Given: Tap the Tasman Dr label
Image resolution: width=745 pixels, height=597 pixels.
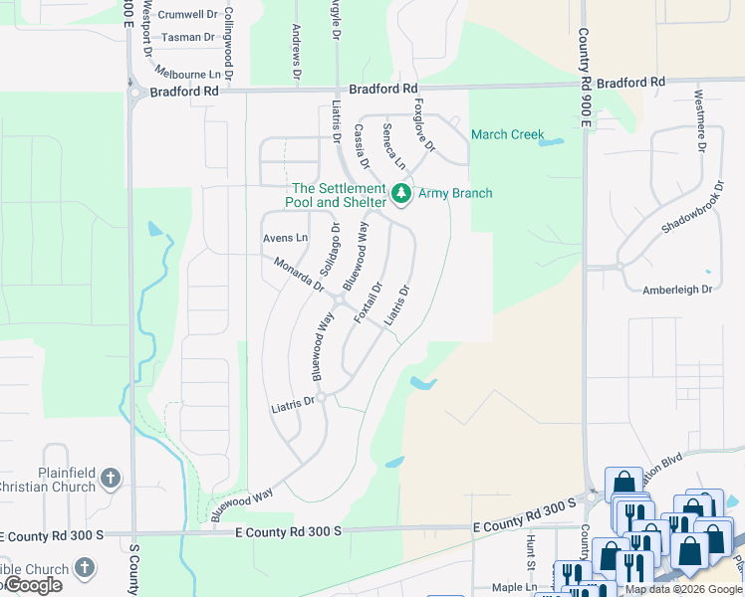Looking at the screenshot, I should click(x=187, y=37).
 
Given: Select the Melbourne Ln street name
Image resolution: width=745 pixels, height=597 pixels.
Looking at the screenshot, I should click(x=187, y=74).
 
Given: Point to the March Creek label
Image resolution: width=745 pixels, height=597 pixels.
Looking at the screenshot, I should click(x=507, y=134).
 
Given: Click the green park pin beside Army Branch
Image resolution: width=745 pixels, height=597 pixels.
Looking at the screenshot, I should click(x=401, y=193).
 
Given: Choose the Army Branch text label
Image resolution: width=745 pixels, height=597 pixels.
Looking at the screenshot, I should click(x=455, y=193).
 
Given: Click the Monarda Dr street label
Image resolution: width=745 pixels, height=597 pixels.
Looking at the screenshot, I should click(x=300, y=274).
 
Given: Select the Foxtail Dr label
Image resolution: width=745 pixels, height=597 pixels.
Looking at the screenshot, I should click(x=369, y=302).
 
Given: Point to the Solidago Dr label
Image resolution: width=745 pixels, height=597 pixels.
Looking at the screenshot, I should click(x=329, y=250).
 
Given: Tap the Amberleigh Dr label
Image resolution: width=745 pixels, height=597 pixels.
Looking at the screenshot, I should click(x=677, y=289).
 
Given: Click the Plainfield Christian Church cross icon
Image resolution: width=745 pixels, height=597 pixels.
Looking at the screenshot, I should click(x=110, y=480).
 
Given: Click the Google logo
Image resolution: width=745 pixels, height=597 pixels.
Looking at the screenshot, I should click(x=32, y=585).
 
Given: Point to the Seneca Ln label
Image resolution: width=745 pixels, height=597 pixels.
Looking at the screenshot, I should click(x=394, y=145).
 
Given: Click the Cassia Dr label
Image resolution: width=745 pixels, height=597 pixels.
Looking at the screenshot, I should click(x=362, y=146).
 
